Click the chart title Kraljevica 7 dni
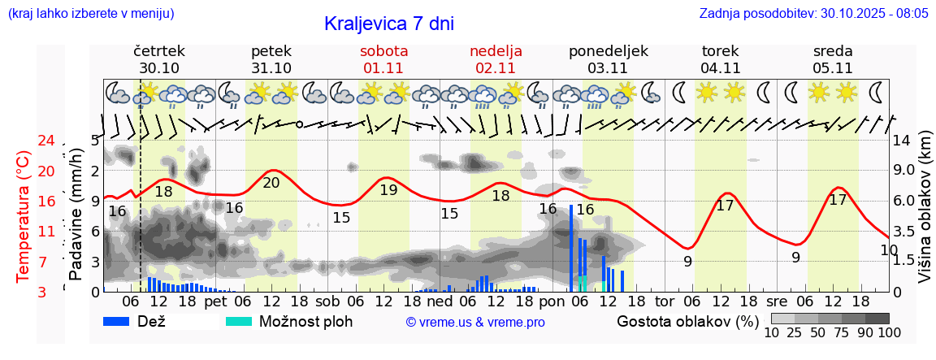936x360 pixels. coord(388,24)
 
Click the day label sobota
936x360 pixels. coord(383,51)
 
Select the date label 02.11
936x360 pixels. coord(496,68)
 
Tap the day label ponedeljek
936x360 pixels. coord(609,51)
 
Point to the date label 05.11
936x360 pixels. coord(833,68)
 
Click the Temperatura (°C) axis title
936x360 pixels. coord(24,216)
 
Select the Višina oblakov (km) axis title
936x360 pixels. coord(925,216)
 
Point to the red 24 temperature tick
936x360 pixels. coord(24,141)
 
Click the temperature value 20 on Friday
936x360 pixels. coord(271,183)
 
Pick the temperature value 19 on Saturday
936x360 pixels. coord(388,190)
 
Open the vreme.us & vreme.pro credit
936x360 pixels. coord(475,322)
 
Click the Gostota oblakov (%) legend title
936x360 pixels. coord(687,321)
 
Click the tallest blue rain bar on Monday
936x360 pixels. coord(572,248)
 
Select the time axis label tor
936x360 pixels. coord(665,301)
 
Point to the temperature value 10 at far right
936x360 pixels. coord(889,250)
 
